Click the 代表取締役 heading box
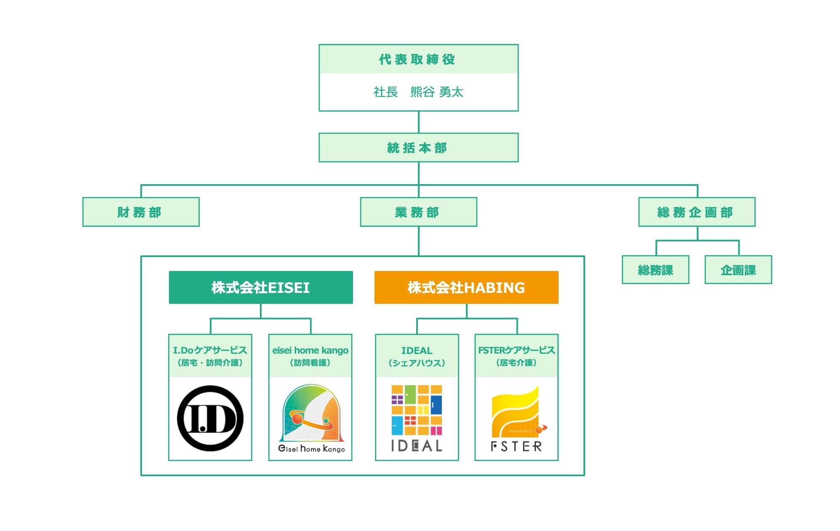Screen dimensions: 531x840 pyautogui.click(x=417, y=59)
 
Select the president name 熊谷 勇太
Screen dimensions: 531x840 pyautogui.click(x=437, y=92)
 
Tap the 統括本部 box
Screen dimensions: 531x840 pyautogui.click(x=417, y=148)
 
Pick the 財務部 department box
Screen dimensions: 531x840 pyautogui.click(x=140, y=212)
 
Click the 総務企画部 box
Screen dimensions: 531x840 pyautogui.click(x=696, y=212)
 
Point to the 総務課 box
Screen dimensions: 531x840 pyautogui.click(x=655, y=270)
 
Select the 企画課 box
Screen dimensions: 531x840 pyautogui.click(x=738, y=270)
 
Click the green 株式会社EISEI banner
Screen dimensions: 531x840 pyautogui.click(x=260, y=287)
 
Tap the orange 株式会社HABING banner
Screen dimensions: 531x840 pyautogui.click(x=466, y=287)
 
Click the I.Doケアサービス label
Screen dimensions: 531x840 pyautogui.click(x=210, y=351)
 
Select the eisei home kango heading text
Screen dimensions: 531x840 pyautogui.click(x=310, y=351)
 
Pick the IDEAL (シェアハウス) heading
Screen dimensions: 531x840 pyautogui.click(x=417, y=356)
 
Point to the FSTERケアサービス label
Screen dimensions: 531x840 pyautogui.click(x=516, y=351)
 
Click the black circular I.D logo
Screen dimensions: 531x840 pyautogui.click(x=210, y=418)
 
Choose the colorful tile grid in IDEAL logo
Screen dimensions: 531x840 pyautogui.click(x=417, y=410)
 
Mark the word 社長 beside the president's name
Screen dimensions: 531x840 pyautogui.click(x=385, y=92)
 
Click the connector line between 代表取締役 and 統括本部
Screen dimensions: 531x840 pyautogui.click(x=418, y=122)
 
